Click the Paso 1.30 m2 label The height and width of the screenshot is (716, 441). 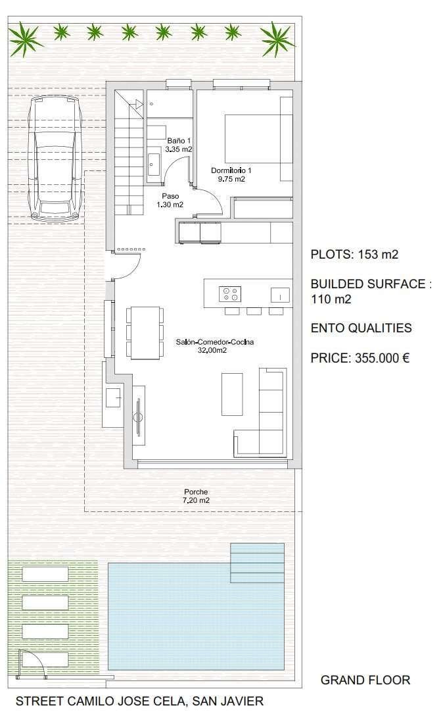(170, 201)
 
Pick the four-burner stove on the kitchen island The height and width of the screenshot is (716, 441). (230, 294)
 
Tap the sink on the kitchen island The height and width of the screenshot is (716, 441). (280, 295)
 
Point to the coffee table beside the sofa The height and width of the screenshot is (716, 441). (232, 394)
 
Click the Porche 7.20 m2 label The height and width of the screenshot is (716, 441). (196, 496)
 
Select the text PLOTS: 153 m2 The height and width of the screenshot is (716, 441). (354, 254)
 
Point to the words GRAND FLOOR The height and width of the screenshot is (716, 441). (365, 680)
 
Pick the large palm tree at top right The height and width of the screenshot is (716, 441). (277, 39)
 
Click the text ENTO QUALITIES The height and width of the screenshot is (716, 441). (361, 328)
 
